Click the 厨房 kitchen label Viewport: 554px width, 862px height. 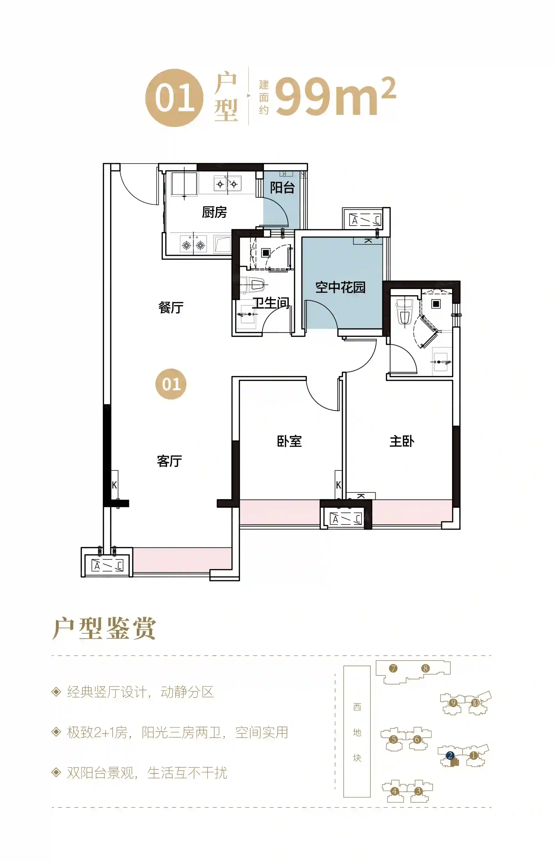click(x=214, y=212)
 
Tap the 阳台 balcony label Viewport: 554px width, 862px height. click(x=282, y=187)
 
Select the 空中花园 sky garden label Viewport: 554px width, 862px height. click(x=340, y=287)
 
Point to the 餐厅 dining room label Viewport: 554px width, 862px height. click(x=171, y=307)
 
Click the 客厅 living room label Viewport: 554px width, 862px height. click(x=170, y=461)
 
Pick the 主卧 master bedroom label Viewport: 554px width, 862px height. click(x=402, y=441)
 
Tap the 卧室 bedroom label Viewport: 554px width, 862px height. click(x=289, y=441)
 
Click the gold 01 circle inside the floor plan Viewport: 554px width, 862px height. click(x=171, y=384)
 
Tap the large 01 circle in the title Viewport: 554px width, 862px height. click(x=175, y=98)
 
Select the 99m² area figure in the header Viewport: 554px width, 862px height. click(x=336, y=96)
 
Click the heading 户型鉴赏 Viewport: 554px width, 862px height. click(x=104, y=628)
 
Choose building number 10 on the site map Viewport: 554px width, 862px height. click(x=476, y=702)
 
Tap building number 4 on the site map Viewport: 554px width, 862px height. click(x=395, y=791)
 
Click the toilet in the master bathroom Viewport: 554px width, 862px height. click(x=405, y=312)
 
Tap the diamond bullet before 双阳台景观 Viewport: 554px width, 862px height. click(x=56, y=773)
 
